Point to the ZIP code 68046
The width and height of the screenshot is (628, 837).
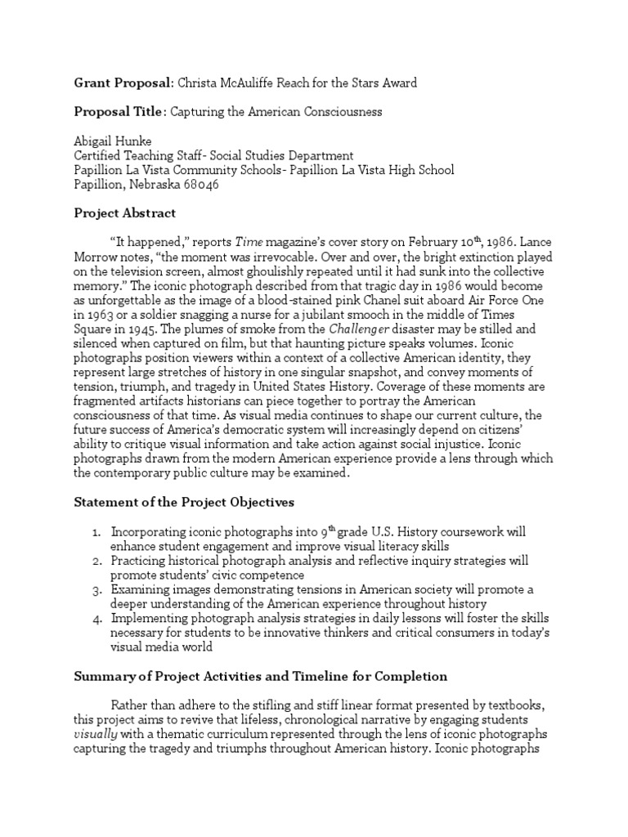[x=201, y=185]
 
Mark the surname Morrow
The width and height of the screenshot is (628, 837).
[x=96, y=257]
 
